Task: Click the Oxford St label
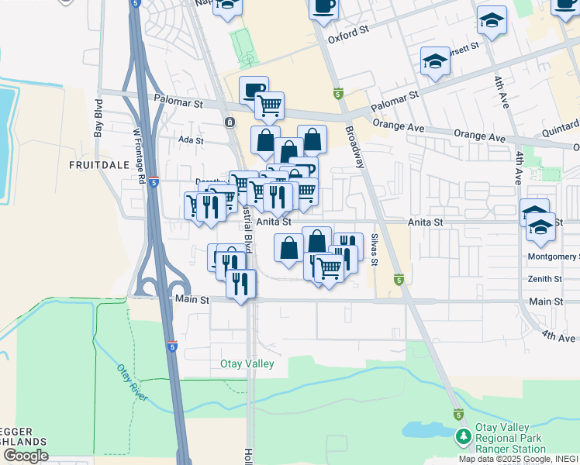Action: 346,37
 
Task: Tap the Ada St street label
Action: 191,141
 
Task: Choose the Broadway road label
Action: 354,147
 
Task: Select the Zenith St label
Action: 544,279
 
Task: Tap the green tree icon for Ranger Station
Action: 463,437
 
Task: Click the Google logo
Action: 25,456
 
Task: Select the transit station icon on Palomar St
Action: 229,122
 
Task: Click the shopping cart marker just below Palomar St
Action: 269,105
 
